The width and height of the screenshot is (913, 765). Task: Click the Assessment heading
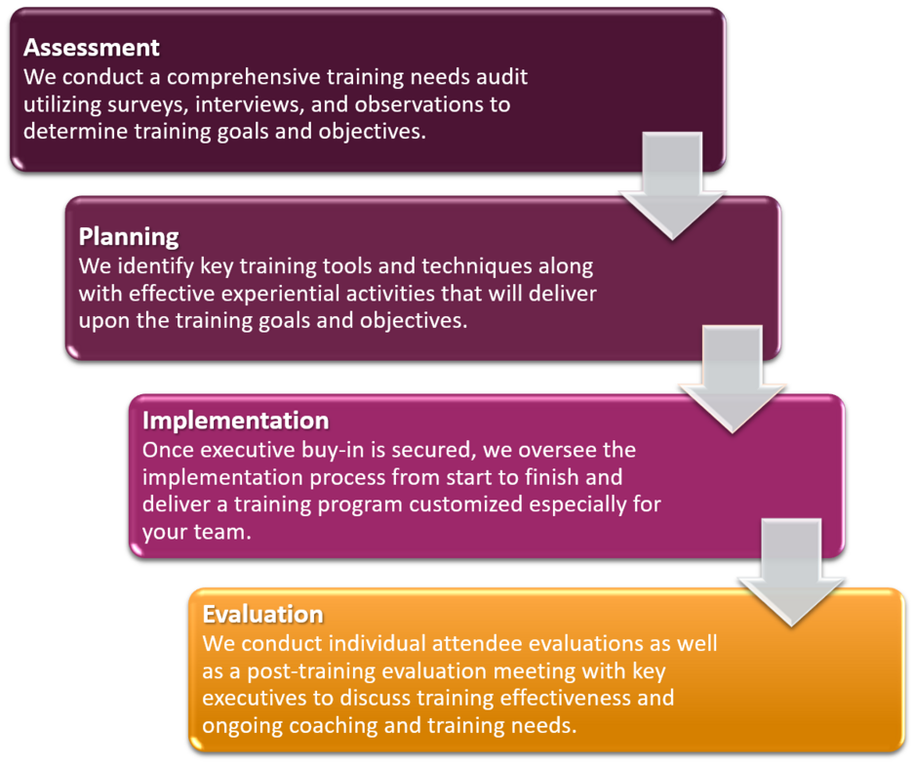[x=92, y=47]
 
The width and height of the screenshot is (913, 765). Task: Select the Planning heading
[x=129, y=237]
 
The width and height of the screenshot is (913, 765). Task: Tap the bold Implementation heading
[x=236, y=421]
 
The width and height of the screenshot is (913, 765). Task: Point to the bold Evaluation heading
[x=262, y=614]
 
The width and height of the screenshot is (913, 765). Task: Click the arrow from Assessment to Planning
[x=672, y=186]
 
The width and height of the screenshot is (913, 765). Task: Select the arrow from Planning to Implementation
[x=733, y=380]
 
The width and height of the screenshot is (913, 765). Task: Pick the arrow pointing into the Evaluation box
[x=791, y=573]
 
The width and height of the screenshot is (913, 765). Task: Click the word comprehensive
[x=244, y=77]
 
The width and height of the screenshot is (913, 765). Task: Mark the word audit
[x=502, y=77]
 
